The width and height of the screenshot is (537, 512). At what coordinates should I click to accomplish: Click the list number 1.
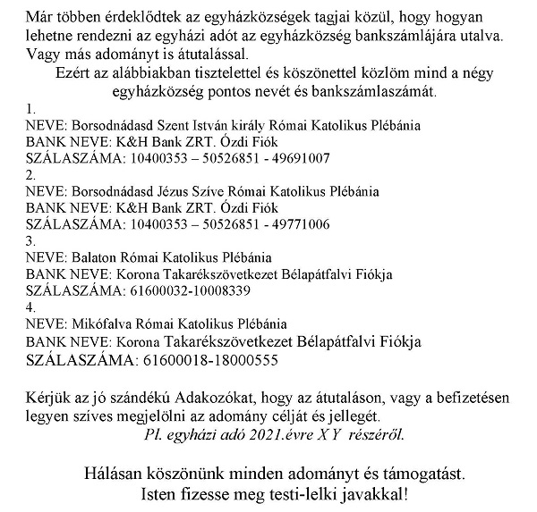pos(30,108)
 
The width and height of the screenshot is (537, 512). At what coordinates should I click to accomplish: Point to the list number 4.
pos(31,308)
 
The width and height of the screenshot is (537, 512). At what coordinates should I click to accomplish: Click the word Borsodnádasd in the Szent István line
pos(111,124)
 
